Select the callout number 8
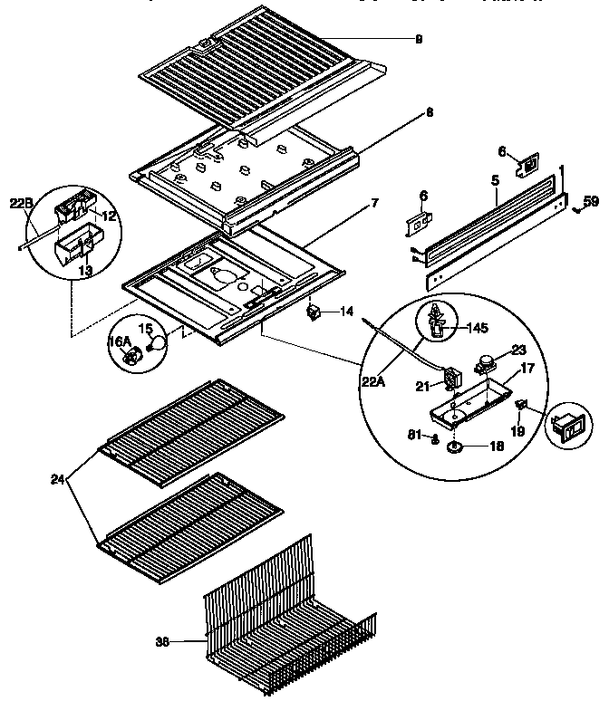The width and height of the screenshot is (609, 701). [x=429, y=113]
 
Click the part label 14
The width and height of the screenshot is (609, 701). [x=346, y=312]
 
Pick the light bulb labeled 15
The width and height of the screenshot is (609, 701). [x=159, y=343]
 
